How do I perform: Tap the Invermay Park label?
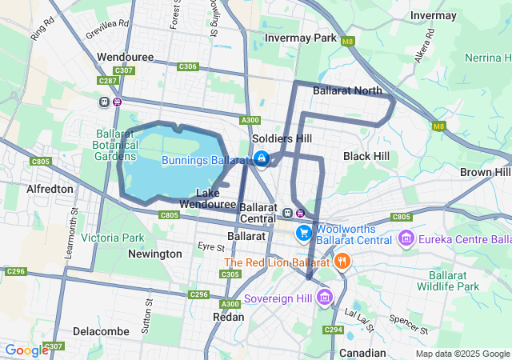(302, 38)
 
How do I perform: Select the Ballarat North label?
(348, 90)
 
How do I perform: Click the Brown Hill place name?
(485, 172)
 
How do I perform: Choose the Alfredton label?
(50, 189)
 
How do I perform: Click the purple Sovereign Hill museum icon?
(324, 298)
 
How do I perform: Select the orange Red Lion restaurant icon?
(342, 261)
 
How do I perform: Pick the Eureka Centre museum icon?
(406, 239)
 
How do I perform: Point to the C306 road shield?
(188, 66)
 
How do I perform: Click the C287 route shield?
(107, 81)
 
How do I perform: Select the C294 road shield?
(333, 330)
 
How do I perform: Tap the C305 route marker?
(230, 274)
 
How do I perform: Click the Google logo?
(26, 350)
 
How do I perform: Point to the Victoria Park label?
(112, 238)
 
